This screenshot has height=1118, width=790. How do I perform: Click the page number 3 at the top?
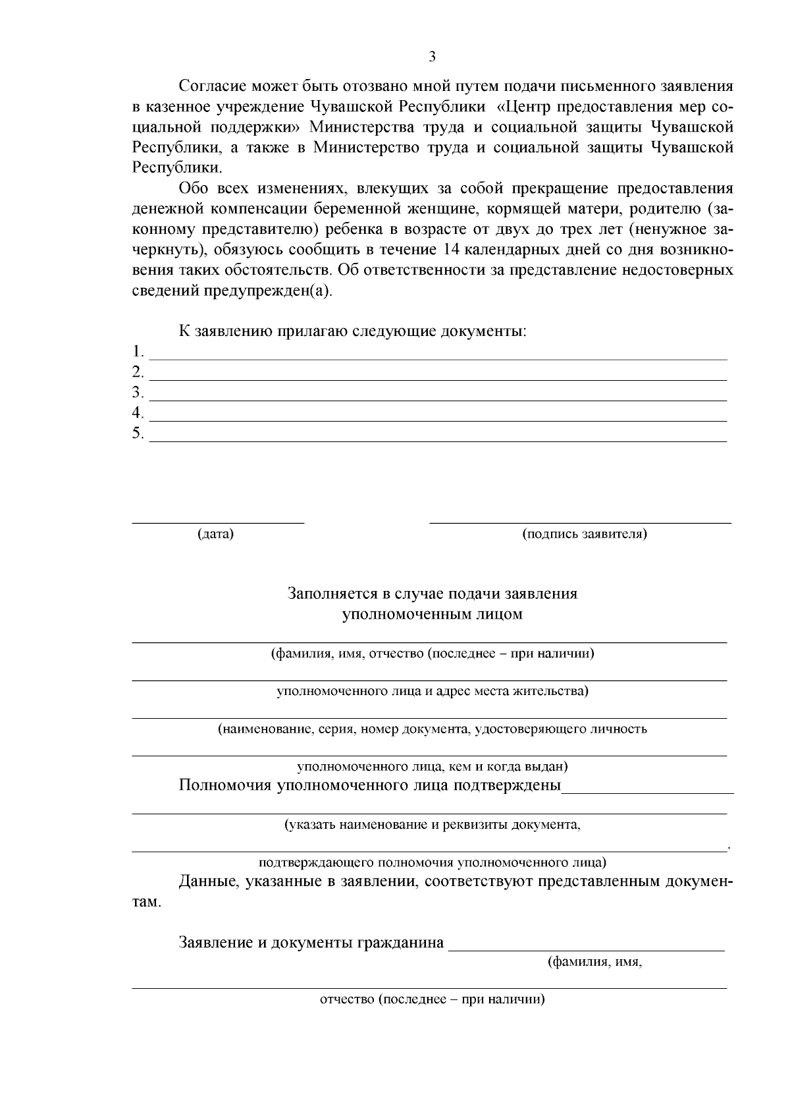(x=432, y=57)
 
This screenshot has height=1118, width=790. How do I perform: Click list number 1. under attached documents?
(x=138, y=351)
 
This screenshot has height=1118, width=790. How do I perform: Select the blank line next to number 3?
(x=438, y=399)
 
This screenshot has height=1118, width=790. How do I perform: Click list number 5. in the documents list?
(x=138, y=433)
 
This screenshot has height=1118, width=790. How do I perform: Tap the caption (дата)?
(x=215, y=534)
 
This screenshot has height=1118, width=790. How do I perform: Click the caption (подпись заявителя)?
(x=585, y=534)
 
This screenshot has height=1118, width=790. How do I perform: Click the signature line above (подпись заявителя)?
(x=580, y=522)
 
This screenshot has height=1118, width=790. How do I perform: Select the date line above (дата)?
(x=218, y=522)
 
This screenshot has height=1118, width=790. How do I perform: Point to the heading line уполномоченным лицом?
(x=432, y=615)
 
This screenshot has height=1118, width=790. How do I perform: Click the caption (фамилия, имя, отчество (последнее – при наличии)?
(x=433, y=654)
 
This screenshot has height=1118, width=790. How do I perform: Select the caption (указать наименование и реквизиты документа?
(x=433, y=824)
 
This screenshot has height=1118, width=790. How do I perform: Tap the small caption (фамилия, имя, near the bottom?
(x=594, y=962)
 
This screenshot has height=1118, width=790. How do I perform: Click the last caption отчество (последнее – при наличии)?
(x=433, y=999)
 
